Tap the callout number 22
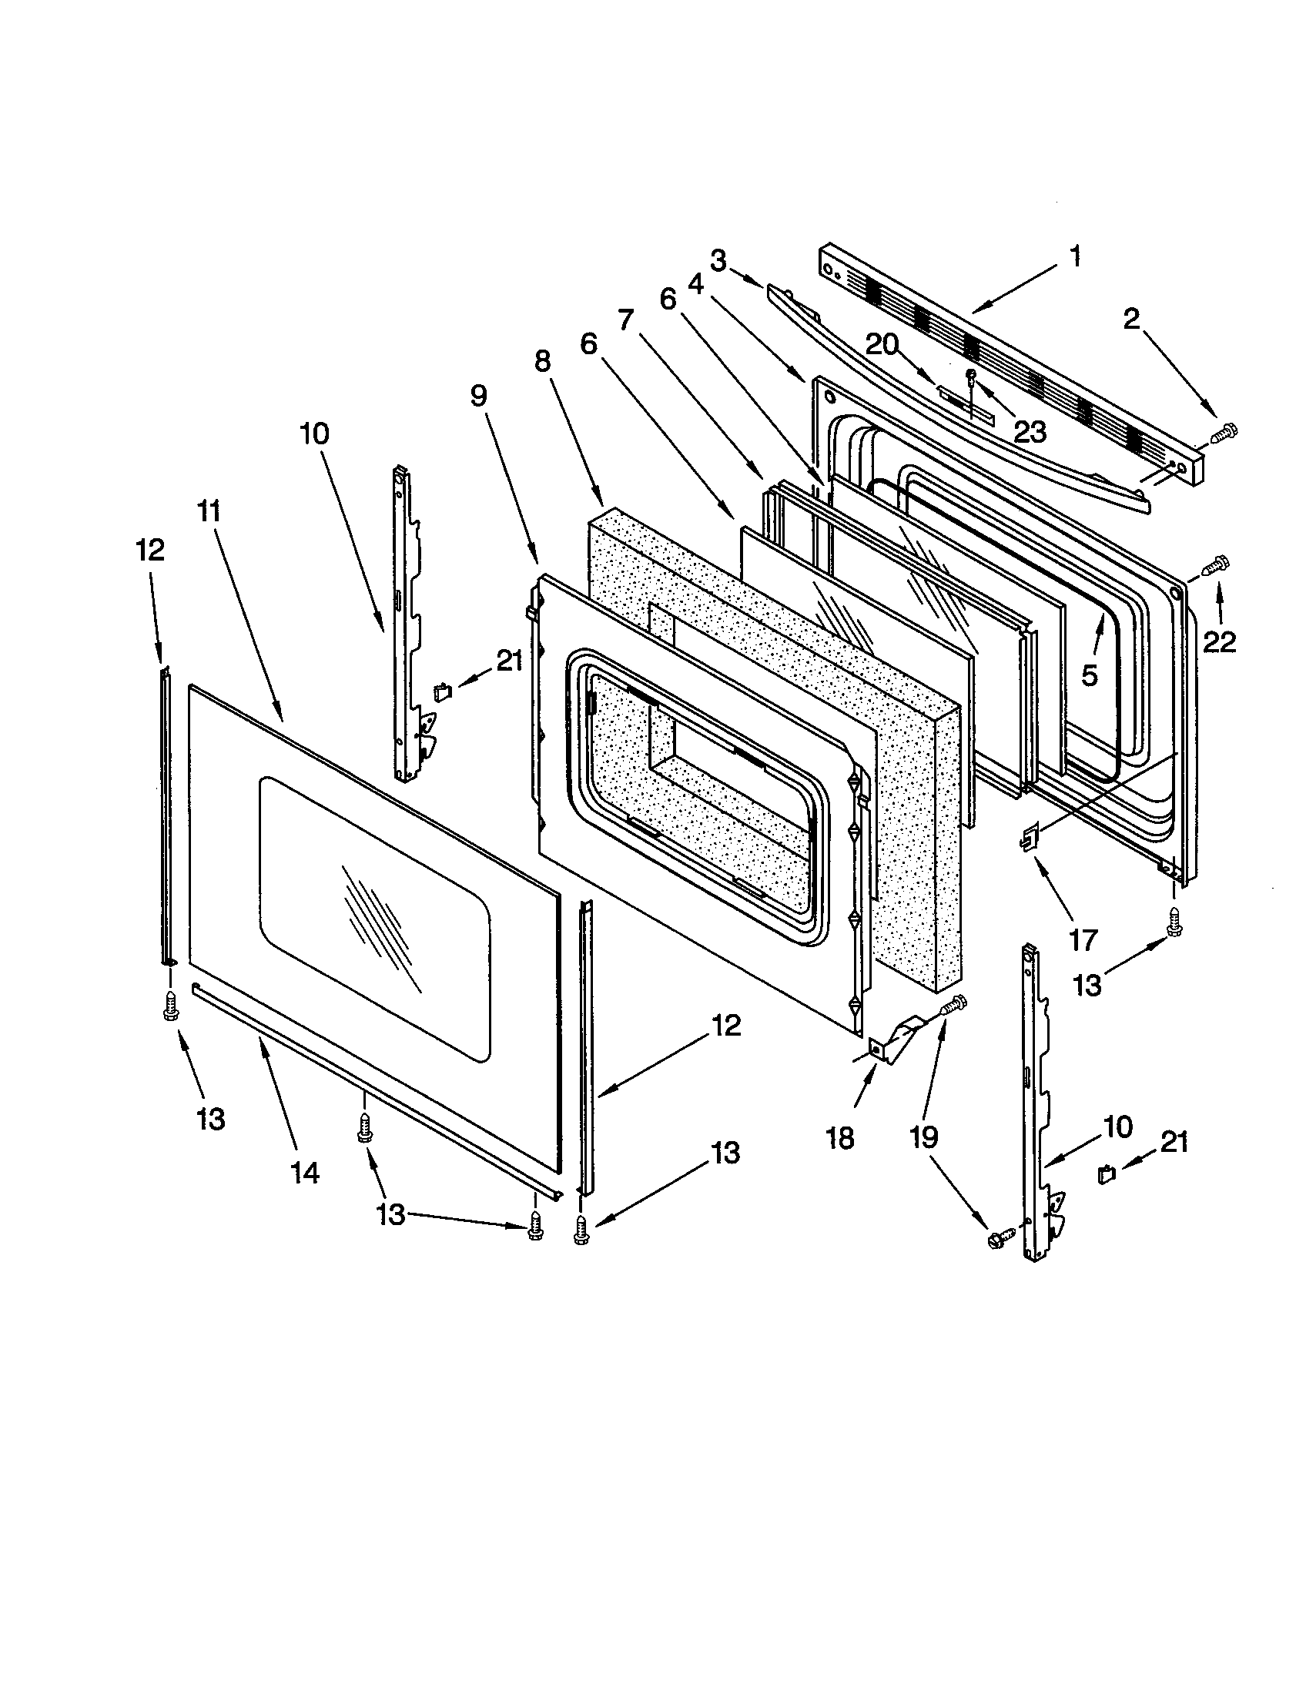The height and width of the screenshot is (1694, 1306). [1219, 641]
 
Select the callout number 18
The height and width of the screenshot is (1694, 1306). [840, 1137]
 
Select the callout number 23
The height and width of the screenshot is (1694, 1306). [1030, 432]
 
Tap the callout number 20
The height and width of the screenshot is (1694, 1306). [882, 344]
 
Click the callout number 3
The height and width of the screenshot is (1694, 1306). [718, 261]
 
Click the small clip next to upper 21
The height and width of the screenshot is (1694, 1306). [443, 691]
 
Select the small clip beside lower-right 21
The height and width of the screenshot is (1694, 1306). [1105, 1175]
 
